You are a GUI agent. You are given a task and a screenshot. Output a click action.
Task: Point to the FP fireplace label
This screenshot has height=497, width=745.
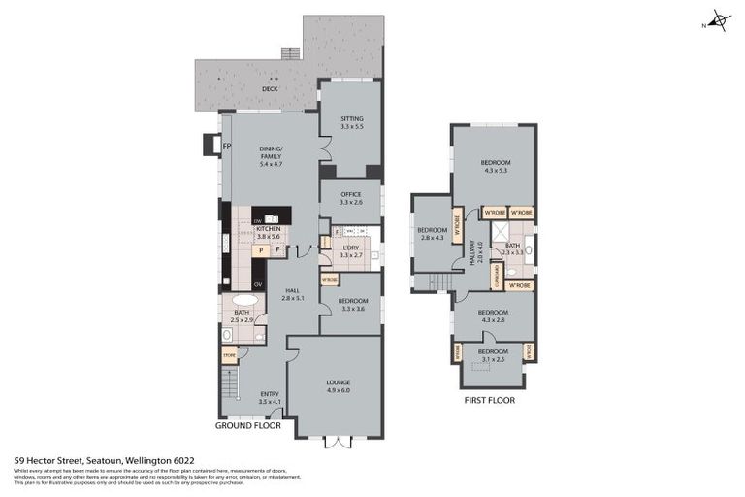[227, 147]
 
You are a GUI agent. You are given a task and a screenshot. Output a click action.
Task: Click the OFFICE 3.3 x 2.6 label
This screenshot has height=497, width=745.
[351, 198]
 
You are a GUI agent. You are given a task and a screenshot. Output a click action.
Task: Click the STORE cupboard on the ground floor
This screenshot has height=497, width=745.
[230, 356]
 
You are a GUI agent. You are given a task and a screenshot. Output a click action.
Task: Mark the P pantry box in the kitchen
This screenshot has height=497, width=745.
[260, 250]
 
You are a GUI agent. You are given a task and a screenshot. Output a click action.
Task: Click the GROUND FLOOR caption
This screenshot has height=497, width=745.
[247, 425]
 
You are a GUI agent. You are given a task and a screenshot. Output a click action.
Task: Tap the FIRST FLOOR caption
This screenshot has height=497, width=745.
[489, 399]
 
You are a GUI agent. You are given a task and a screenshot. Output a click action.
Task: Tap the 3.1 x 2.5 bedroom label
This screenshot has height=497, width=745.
[492, 355]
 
